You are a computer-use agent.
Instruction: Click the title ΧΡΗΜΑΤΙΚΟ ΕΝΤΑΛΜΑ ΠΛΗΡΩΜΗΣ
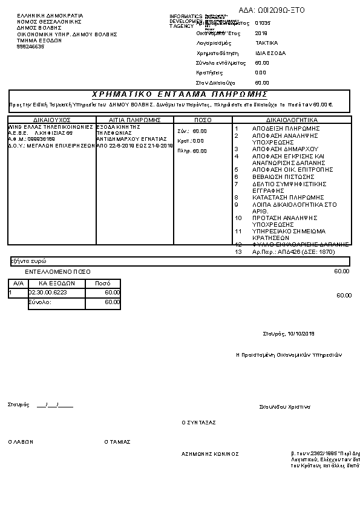tap(179, 94)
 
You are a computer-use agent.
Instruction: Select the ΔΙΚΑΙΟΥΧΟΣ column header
tap(52, 120)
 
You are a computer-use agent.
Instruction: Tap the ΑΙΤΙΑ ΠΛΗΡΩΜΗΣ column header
tap(134, 120)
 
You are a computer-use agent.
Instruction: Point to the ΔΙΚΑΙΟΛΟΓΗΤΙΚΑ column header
tap(292, 120)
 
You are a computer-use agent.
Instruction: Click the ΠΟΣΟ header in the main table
tap(203, 120)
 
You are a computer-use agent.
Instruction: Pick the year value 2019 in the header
tap(261, 33)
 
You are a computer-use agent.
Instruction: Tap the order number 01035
tap(263, 23)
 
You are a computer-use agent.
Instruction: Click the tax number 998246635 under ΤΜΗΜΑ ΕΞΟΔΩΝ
tap(30, 47)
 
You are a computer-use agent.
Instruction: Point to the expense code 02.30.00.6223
tap(48, 293)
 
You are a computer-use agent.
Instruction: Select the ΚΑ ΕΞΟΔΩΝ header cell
tap(56, 283)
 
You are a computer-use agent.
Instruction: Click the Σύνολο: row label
tap(41, 302)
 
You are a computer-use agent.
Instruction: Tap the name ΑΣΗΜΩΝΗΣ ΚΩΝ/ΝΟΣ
tap(210, 453)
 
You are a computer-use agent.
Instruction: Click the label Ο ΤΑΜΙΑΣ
tap(117, 442)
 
